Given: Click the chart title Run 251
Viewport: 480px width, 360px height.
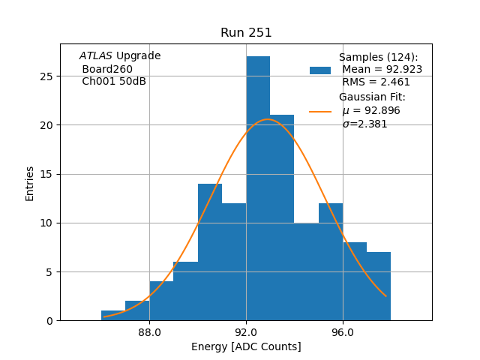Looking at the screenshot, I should point(246,33).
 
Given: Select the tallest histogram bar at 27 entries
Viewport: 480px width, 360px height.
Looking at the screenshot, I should point(258,187).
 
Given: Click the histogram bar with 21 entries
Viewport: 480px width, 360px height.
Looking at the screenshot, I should point(282,217).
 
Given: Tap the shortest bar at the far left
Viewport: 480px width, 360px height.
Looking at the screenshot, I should point(113,315).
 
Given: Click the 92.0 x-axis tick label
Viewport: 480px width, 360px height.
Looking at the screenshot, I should point(246,331).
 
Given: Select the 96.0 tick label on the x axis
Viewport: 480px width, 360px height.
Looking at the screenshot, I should point(343,331).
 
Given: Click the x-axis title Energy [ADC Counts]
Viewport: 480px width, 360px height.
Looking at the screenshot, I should point(246,346).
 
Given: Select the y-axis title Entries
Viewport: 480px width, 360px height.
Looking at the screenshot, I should point(30,183).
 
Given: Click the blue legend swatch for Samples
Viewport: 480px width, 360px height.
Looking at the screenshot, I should point(320,70).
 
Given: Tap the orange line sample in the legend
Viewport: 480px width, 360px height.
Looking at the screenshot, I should point(320,112).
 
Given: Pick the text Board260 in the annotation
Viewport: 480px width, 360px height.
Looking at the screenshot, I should point(107,69).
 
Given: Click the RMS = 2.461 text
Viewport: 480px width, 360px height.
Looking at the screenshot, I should point(376,82).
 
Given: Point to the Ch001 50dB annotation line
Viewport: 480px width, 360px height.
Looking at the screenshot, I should point(114,82).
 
